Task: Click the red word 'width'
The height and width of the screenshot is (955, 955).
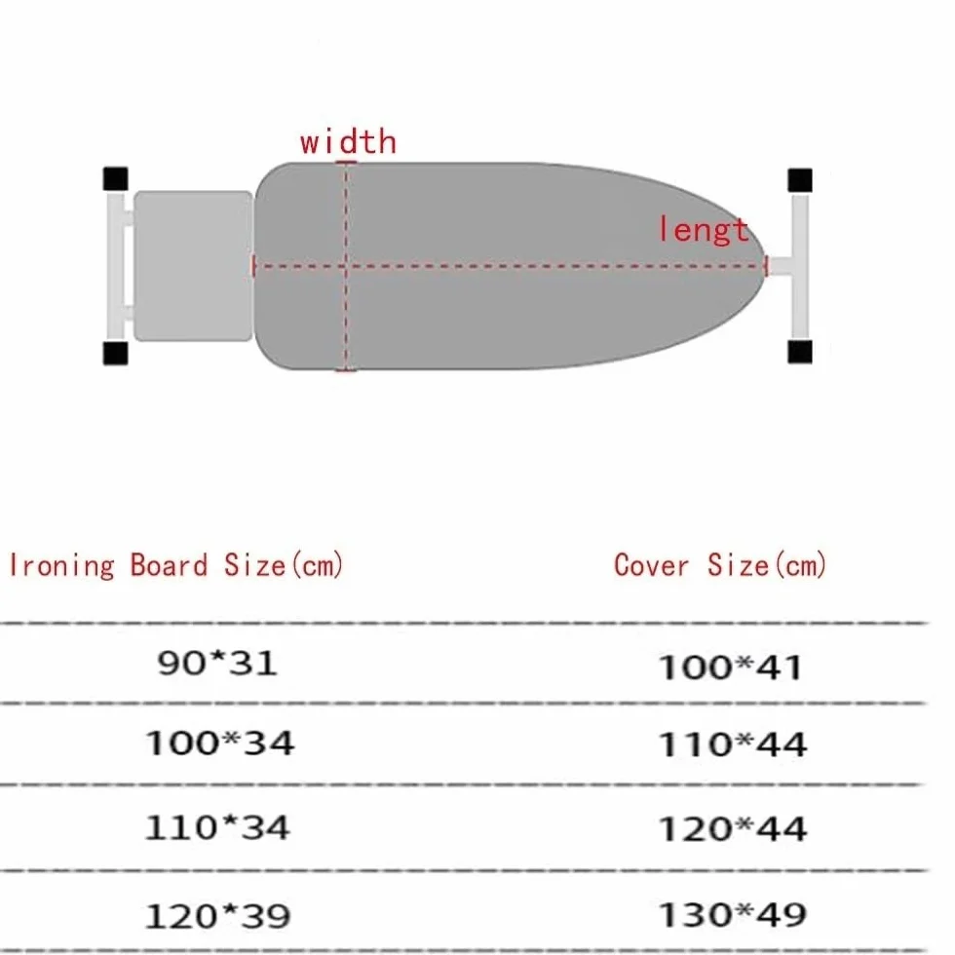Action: tap(348, 141)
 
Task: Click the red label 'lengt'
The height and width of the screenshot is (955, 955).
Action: tap(704, 229)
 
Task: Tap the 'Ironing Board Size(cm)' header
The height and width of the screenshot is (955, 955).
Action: tap(176, 565)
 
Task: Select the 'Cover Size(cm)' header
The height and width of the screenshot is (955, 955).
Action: tap(720, 564)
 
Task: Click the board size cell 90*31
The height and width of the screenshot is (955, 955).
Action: tap(216, 663)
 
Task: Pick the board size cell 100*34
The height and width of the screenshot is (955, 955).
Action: tap(219, 743)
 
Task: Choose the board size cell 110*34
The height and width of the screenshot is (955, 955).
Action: tap(216, 827)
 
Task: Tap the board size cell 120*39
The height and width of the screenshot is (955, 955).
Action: tap(217, 915)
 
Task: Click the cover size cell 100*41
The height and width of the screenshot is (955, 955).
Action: tap(730, 667)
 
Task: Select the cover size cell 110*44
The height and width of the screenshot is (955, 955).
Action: tap(733, 745)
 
